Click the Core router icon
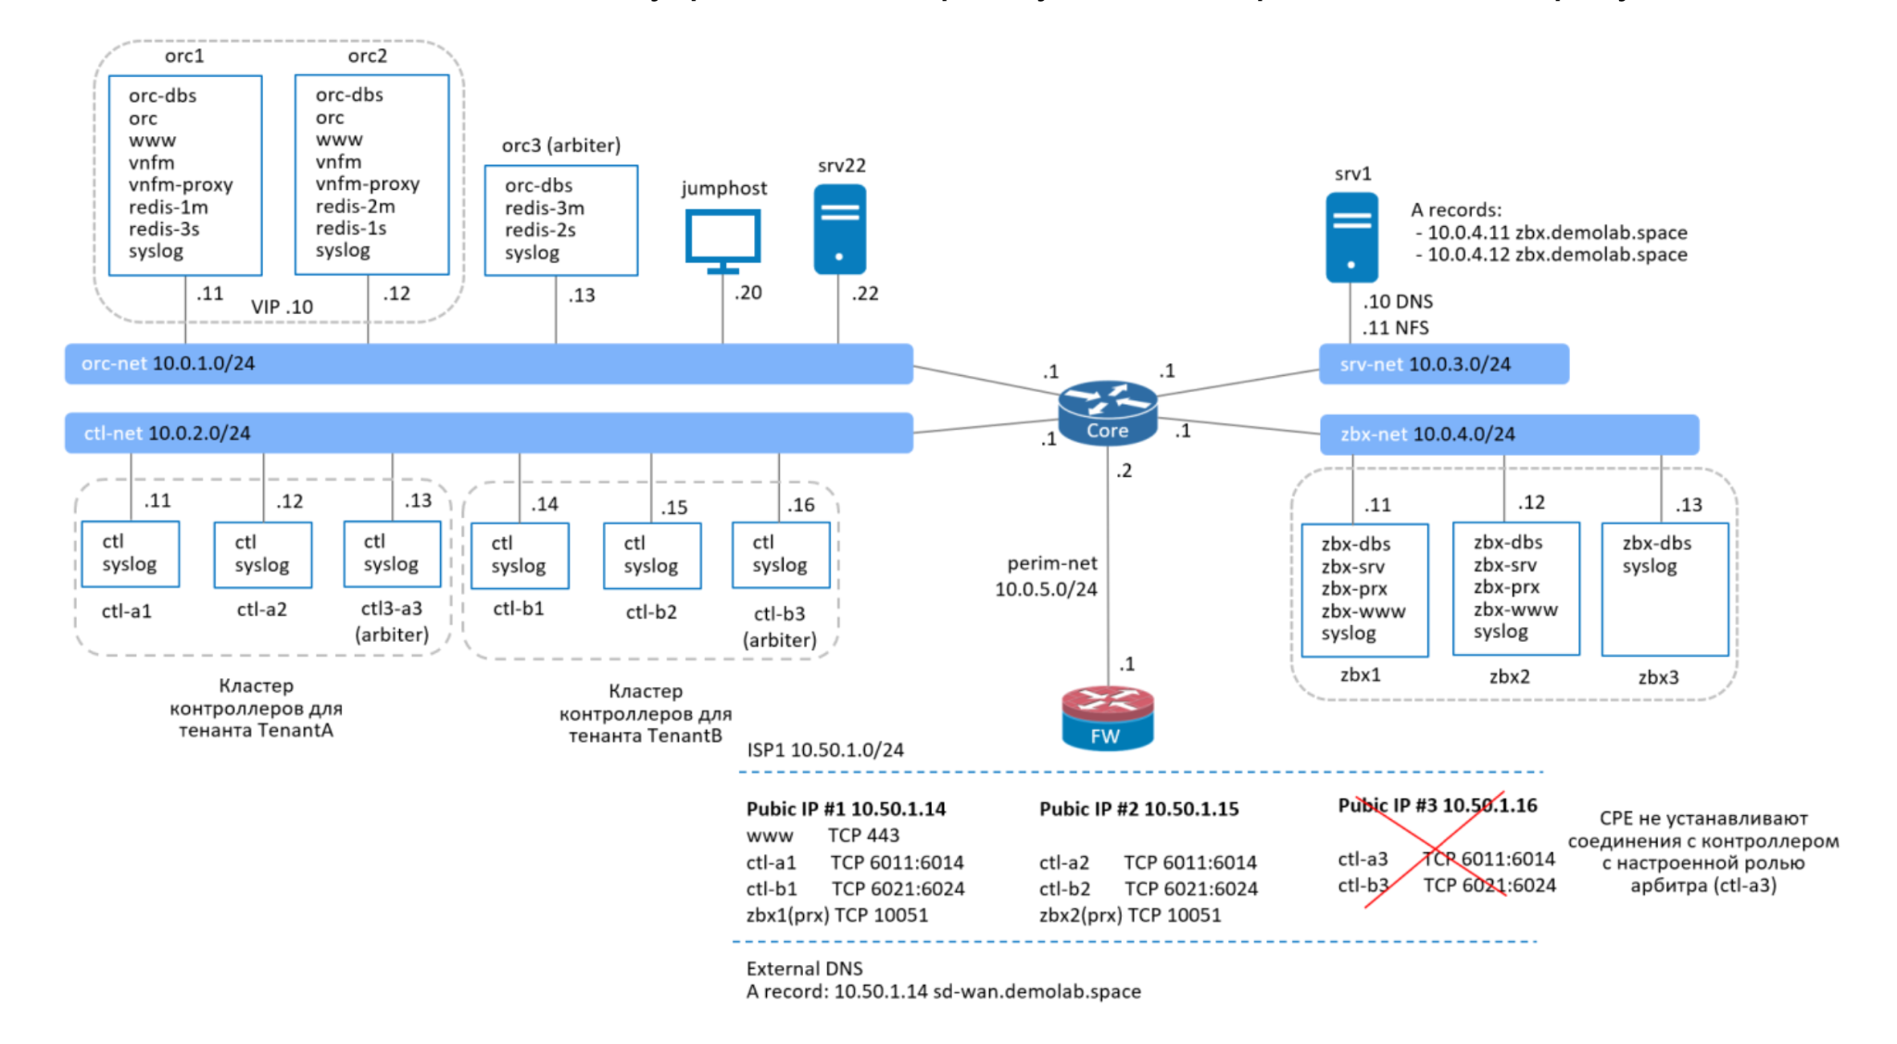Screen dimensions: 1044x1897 click(1107, 412)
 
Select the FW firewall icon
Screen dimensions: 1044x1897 click(1107, 718)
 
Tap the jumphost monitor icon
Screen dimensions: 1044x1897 click(722, 239)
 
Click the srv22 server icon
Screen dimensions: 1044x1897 click(839, 229)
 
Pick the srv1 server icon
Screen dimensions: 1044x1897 click(1351, 237)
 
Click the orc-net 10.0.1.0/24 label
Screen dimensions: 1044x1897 click(168, 363)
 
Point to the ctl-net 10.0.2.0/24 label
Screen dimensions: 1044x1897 click(167, 433)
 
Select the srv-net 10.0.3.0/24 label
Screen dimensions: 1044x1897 click(1425, 364)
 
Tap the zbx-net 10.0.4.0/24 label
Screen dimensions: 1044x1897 click(1427, 434)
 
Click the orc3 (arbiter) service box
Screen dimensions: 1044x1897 click(560, 220)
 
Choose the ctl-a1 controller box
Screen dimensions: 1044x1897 click(130, 554)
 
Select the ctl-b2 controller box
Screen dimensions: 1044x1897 click(651, 556)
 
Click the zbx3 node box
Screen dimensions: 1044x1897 click(1665, 589)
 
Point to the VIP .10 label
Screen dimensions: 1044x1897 click(282, 307)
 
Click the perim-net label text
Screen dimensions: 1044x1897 click(1051, 563)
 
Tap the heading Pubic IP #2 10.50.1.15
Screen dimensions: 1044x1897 click(1138, 809)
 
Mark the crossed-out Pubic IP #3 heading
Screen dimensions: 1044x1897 click(1437, 806)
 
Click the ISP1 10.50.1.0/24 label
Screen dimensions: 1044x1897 click(825, 749)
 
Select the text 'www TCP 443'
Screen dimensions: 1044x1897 click(823, 836)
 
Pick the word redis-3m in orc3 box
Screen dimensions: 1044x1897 click(544, 208)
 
